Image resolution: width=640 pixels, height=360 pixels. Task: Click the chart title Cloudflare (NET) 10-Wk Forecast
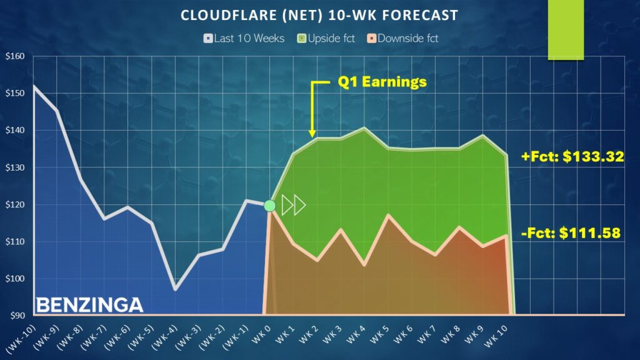coord(319,15)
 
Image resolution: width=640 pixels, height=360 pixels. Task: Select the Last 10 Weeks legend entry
coord(244,38)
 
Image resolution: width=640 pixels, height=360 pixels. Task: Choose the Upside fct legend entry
coord(328,38)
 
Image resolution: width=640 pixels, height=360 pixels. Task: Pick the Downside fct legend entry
coord(404,38)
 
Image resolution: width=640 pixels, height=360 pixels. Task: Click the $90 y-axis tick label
coord(16,316)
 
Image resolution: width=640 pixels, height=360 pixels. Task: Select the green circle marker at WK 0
coord(269,206)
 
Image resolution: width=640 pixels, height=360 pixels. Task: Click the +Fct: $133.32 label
coord(572,157)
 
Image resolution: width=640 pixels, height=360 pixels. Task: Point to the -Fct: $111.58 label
coord(571,234)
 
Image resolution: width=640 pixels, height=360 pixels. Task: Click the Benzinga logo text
coord(89,305)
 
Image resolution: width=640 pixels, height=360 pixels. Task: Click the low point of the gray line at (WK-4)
coord(175,289)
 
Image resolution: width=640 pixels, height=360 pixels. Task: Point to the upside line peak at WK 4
coord(364,128)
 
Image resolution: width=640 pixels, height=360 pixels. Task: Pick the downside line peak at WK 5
coord(388,216)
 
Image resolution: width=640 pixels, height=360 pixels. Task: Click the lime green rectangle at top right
coord(566,30)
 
